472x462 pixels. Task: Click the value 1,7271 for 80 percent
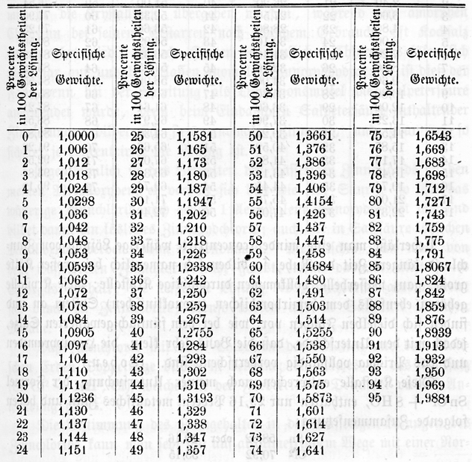(x=423, y=201)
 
